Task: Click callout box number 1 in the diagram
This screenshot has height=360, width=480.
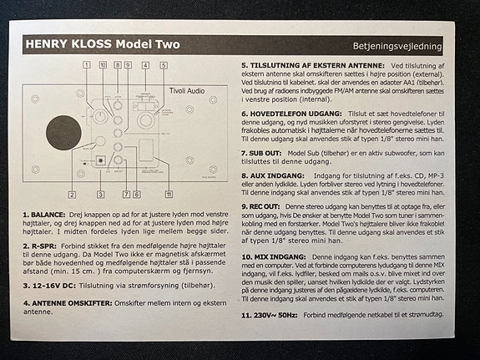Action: tap(87, 64)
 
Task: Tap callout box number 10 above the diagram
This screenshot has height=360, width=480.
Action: tap(103, 64)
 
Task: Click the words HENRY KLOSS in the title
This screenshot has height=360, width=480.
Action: tap(68, 43)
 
